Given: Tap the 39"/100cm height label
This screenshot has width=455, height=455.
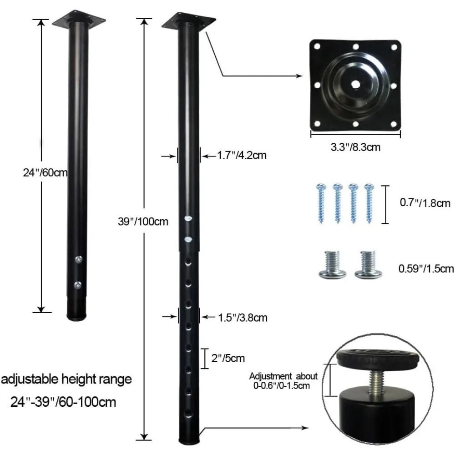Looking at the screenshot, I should [143, 222].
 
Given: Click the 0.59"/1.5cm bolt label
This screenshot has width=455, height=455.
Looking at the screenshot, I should [426, 268].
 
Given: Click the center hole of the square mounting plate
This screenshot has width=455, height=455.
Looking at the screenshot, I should [355, 85].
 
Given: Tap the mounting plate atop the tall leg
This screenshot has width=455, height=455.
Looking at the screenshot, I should [190, 20].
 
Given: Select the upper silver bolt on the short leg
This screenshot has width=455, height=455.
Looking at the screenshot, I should [79, 259].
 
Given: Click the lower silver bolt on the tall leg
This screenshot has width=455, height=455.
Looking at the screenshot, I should [188, 239].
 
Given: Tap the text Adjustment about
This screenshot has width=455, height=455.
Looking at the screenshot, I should [283, 376].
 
